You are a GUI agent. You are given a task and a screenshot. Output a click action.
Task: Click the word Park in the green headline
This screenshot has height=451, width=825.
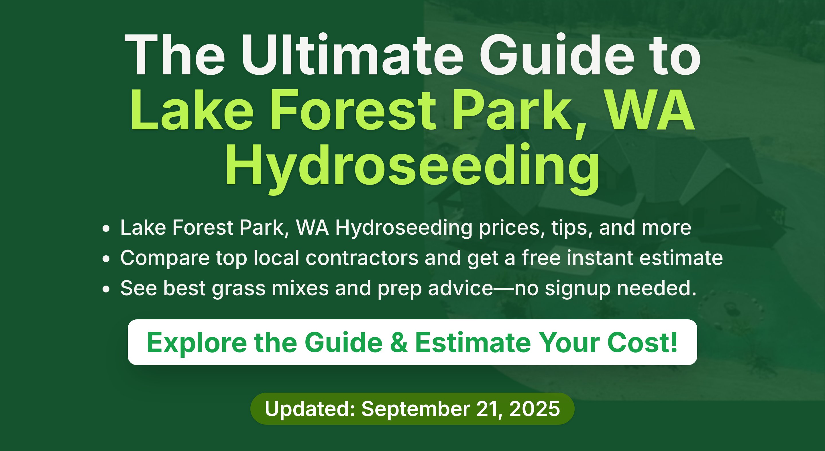(x=516, y=111)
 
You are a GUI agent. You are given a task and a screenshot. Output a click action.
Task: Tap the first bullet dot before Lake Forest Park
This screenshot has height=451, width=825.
(x=106, y=229)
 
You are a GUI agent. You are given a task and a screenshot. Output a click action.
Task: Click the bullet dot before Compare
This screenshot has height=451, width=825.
(x=106, y=259)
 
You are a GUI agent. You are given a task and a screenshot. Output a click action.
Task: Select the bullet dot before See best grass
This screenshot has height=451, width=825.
(x=106, y=289)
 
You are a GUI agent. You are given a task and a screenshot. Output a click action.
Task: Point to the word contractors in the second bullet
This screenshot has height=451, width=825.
(x=362, y=258)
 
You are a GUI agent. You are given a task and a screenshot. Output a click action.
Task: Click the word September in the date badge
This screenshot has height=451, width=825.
(x=416, y=410)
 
